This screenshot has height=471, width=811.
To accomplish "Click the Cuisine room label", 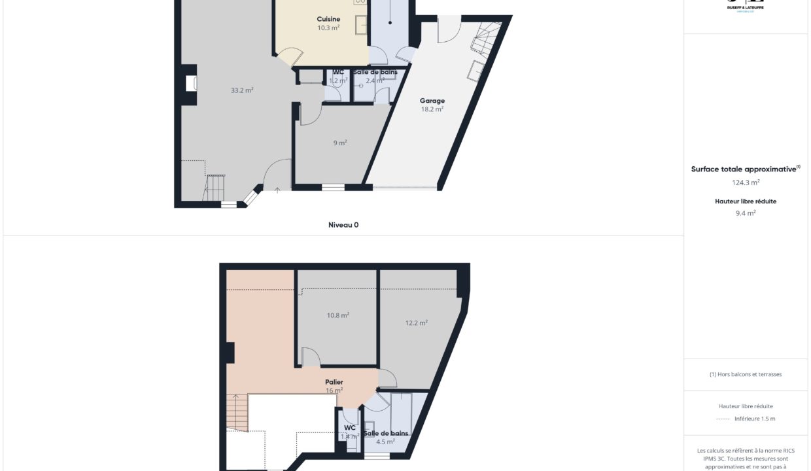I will pyautogui.click(x=328, y=19).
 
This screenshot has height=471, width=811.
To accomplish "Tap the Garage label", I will pyautogui.click(x=432, y=101).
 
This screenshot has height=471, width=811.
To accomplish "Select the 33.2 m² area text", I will pyautogui.click(x=242, y=90).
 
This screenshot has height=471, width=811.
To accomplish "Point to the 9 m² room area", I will pyautogui.click(x=340, y=143).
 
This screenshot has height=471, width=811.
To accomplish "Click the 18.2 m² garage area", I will pyautogui.click(x=432, y=109).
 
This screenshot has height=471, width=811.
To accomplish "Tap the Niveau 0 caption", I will pyautogui.click(x=343, y=224).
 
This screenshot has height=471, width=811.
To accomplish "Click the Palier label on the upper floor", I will pyautogui.click(x=334, y=382).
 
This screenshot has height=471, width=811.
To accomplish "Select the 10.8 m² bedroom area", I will pyautogui.click(x=337, y=315).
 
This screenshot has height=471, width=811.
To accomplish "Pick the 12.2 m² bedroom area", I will pyautogui.click(x=417, y=323).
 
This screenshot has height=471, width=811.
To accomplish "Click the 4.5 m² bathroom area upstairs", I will pyautogui.click(x=385, y=442).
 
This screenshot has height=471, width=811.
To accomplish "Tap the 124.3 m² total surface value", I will pyautogui.click(x=746, y=183).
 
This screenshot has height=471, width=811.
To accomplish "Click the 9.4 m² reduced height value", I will pyautogui.click(x=746, y=213).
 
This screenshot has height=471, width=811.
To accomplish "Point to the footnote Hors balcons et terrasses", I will pyautogui.click(x=746, y=374).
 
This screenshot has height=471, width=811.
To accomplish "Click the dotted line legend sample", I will pyautogui.click(x=723, y=419).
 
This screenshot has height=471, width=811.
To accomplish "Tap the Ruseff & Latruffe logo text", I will pyautogui.click(x=746, y=7).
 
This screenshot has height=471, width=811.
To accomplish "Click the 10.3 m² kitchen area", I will pyautogui.click(x=328, y=27).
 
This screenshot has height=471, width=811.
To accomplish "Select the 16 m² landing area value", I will pyautogui.click(x=334, y=391).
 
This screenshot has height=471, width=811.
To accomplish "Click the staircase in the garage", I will pyautogui.click(x=488, y=39).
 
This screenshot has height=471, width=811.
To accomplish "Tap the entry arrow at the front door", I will pyautogui.click(x=277, y=190).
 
